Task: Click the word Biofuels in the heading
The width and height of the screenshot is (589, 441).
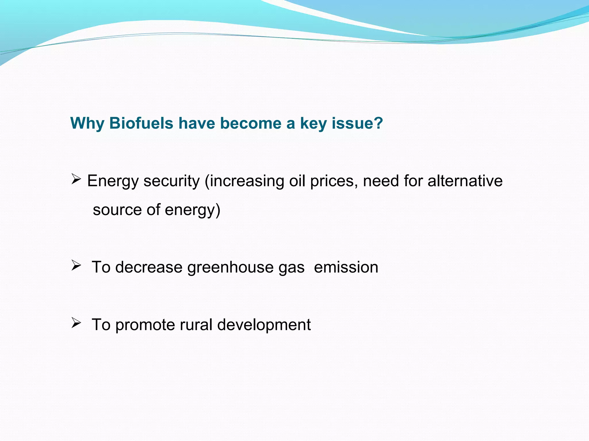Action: [x=141, y=123]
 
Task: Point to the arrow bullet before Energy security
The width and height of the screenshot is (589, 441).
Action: [x=76, y=179]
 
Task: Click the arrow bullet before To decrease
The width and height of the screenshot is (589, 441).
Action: [x=76, y=266]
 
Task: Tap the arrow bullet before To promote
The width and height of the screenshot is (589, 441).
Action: [x=76, y=323]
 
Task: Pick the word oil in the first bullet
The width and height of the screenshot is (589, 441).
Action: [x=297, y=181]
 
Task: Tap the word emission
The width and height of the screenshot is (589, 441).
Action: [x=346, y=267]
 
